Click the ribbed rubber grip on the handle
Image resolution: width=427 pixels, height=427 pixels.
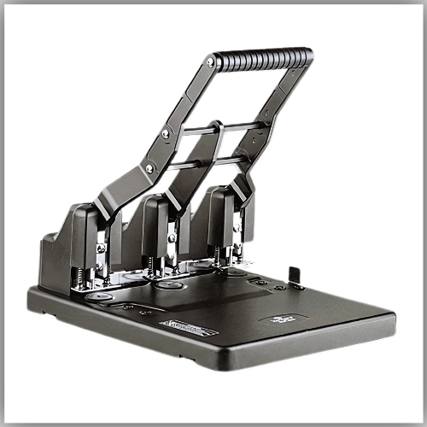262,58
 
